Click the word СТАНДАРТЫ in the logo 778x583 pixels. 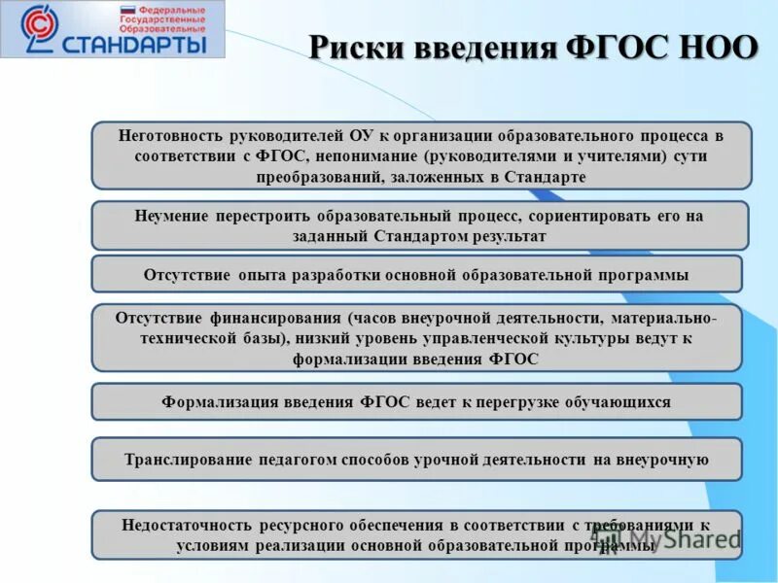point(134,44)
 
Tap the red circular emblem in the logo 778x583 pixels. point(39,28)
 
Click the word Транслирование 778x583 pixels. point(185,460)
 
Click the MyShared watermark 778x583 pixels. point(671,537)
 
